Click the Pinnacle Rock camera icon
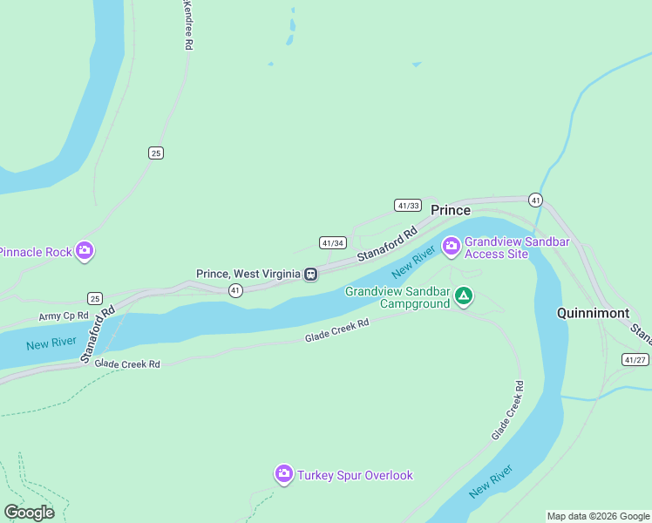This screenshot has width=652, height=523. (x=85, y=252)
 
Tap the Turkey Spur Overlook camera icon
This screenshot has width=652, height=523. (x=284, y=474)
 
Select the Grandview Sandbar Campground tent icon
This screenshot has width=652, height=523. (x=465, y=297)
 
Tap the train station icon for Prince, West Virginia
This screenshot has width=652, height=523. (x=310, y=274)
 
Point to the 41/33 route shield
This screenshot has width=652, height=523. (x=408, y=206)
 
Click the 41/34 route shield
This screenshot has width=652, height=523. (x=332, y=243)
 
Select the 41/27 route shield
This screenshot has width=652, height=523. (x=635, y=359)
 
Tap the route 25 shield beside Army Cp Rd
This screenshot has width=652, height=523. (x=95, y=298)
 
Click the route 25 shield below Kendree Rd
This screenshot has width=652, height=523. (x=155, y=153)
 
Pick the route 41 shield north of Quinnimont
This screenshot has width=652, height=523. (x=535, y=200)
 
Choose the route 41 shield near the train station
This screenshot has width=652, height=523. (x=235, y=290)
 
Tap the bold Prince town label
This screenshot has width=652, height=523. (x=451, y=210)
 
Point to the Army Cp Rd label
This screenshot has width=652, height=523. (x=64, y=316)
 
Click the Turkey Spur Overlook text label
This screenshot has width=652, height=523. (x=355, y=475)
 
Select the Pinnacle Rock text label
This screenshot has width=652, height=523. (x=36, y=252)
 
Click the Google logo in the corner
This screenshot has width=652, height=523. (x=30, y=512)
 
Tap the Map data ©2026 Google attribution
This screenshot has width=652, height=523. (x=598, y=516)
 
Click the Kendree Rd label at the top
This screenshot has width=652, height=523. (x=187, y=24)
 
